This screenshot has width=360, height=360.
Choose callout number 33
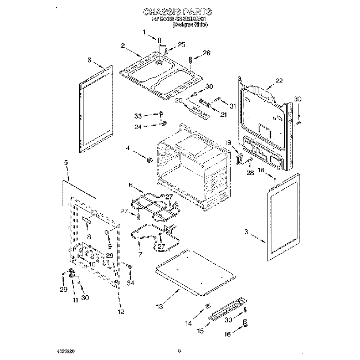click(138, 115)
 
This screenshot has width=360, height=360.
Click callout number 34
click(131, 283)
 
